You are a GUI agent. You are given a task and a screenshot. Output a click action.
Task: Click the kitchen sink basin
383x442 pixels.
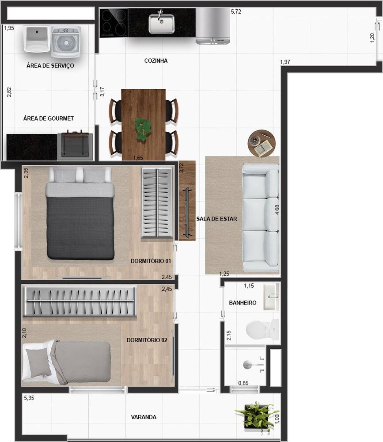[x=161, y=23]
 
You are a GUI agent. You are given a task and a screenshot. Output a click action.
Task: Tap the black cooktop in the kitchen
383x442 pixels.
[x=114, y=23]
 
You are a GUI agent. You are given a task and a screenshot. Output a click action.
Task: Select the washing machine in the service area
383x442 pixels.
[x=66, y=42]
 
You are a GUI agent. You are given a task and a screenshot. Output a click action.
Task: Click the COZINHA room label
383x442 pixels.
[x=156, y=61]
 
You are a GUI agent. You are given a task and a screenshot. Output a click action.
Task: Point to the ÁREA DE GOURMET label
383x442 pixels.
[x=49, y=118]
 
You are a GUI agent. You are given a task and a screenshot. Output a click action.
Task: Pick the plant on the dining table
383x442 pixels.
[x=142, y=129]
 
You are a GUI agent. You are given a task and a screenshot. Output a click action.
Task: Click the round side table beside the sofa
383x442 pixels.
[x=262, y=143]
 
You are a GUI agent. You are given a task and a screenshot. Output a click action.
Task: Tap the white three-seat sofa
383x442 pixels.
[x=261, y=217]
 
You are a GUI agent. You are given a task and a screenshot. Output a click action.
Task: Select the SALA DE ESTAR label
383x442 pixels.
[x=216, y=219]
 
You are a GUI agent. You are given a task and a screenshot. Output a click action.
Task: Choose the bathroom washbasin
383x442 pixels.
[x=271, y=297]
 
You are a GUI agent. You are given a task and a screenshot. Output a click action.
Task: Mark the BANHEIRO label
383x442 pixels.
[x=243, y=303]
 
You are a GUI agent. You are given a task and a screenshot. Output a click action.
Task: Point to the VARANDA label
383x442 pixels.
[x=144, y=417]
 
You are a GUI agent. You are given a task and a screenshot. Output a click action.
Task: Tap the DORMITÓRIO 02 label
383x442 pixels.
[x=147, y=340]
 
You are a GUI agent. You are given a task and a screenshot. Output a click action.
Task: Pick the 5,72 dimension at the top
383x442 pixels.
[x=237, y=12]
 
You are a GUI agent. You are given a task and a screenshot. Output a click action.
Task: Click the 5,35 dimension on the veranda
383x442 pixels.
[x=30, y=398]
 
